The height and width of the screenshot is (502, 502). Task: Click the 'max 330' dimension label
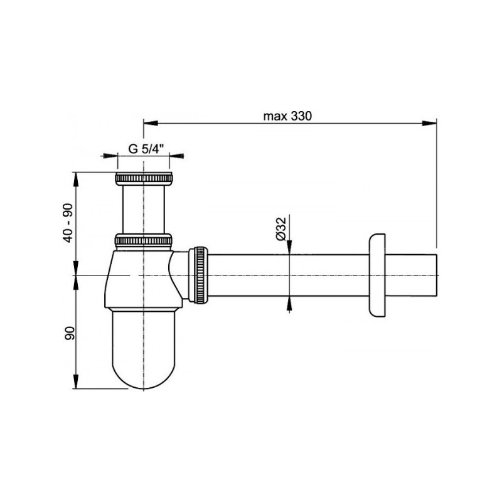click(287, 116)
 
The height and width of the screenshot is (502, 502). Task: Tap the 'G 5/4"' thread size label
click(146, 149)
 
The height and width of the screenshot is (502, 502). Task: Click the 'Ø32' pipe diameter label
click(281, 227)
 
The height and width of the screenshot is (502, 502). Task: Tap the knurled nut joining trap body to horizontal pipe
click(199, 275)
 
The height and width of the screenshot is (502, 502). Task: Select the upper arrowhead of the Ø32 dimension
click(289, 250)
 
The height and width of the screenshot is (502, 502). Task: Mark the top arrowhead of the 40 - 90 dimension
click(77, 176)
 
